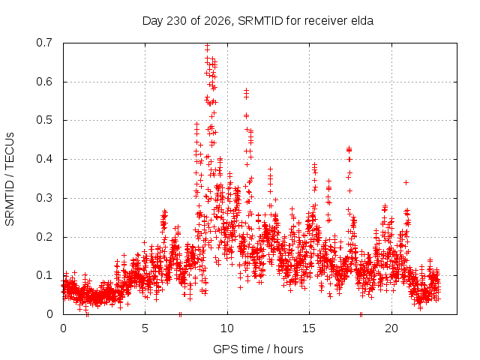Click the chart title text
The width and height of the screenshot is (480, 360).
coord(258,21)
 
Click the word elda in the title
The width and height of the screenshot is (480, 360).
coord(361,21)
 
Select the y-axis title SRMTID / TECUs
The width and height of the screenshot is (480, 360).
coord(10,179)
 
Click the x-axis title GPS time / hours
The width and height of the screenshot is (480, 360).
coord(258,349)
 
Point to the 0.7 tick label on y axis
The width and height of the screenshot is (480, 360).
coord(44,43)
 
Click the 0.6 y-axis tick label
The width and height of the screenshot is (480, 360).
coord(44,82)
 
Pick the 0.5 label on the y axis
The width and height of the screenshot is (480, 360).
coord(44,120)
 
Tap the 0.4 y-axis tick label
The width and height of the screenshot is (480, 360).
coord(44,159)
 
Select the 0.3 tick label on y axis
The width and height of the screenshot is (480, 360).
coord(44,198)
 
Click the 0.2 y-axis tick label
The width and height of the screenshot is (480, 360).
coord(44,237)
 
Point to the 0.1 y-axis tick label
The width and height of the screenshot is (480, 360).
coord(44,275)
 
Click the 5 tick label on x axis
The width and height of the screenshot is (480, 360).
coord(145,328)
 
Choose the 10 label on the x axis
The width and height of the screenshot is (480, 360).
coord(227,328)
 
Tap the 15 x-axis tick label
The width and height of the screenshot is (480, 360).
coord(309,328)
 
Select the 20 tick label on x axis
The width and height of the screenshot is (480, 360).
coord(391,328)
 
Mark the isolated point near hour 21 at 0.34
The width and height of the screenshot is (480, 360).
coord(406,182)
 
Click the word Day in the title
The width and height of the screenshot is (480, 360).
coord(153,22)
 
